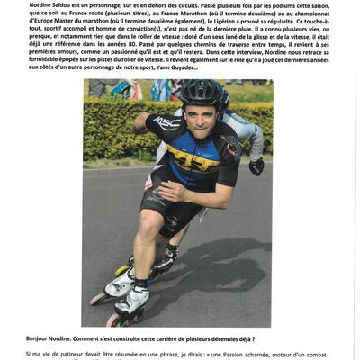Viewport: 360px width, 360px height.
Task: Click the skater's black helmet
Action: pyautogui.click(x=203, y=93)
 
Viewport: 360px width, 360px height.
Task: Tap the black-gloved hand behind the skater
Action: pyautogui.click(x=256, y=166)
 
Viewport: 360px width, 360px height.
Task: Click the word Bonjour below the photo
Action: pyautogui.click(x=43, y=339)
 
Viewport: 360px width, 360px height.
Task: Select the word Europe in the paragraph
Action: pyautogui.click(x=42, y=22)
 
